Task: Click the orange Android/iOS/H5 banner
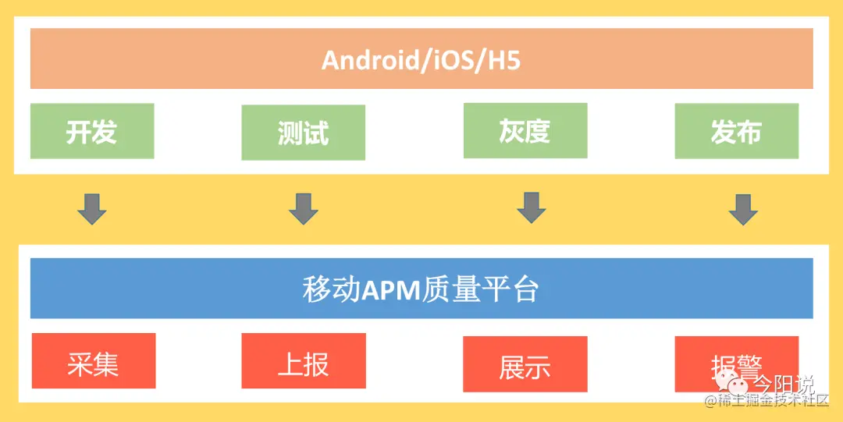pyautogui.click(x=421, y=59)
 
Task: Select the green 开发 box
pyautogui.click(x=92, y=131)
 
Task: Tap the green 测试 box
pyautogui.click(x=303, y=133)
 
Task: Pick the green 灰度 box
pyautogui.click(x=525, y=130)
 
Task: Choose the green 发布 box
pyautogui.click(x=736, y=131)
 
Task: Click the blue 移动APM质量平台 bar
pyautogui.click(x=421, y=289)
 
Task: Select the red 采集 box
pyautogui.click(x=93, y=361)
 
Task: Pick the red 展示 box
pyautogui.click(x=525, y=364)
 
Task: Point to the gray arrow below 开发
pyautogui.click(x=92, y=208)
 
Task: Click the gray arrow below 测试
pyautogui.click(x=304, y=208)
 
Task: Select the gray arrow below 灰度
pyautogui.click(x=532, y=207)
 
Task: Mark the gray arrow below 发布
pyautogui.click(x=743, y=208)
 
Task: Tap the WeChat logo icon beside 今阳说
pyautogui.click(x=735, y=384)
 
